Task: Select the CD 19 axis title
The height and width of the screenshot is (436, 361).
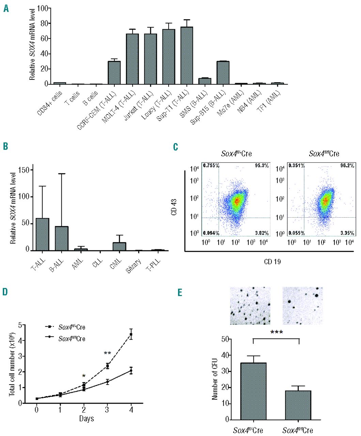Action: tap(272, 262)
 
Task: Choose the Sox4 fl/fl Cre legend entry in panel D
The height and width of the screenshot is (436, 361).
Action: tap(72, 339)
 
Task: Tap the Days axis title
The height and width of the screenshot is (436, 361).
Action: tap(87, 418)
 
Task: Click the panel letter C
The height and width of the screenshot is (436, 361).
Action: tap(176, 147)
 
